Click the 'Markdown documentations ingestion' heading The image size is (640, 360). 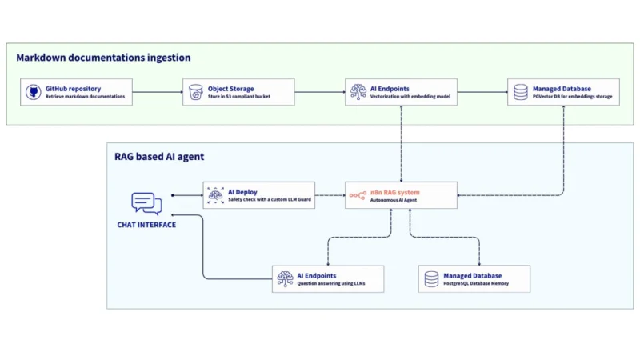pos(103,58)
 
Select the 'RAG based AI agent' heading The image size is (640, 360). pos(160,157)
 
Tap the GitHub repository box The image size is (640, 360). pos(77,92)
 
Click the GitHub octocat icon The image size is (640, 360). pos(34,92)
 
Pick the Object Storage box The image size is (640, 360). pos(238,92)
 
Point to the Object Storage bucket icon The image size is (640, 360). pos(195,92)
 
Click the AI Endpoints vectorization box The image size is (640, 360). pos(402,92)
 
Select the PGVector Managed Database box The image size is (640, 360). pos(563,92)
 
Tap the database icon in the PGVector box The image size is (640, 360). pos(520,92)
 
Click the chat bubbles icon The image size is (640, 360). pos(146,204)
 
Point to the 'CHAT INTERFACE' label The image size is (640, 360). pos(146,225)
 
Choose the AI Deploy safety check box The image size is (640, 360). pos(258,195)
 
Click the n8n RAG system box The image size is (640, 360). pos(402,195)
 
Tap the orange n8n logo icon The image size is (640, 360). pos(358,195)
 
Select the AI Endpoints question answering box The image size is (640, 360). pos(328,278)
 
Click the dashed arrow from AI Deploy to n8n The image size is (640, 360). pos(330,195)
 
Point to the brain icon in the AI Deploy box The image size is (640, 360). pos(214,195)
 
